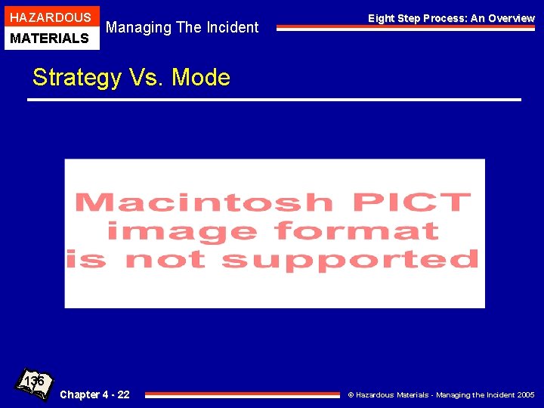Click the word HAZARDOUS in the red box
pyautogui.click(x=50, y=17)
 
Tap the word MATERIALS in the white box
pyautogui.click(x=50, y=38)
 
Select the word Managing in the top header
pyautogui.click(x=138, y=28)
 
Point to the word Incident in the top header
pyautogui.click(x=229, y=28)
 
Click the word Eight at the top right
pyautogui.click(x=382, y=18)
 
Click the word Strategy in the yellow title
pyautogui.click(x=76, y=78)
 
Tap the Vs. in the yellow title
pyautogui.click(x=146, y=78)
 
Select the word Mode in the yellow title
pyautogui.click(x=201, y=78)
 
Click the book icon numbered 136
pyautogui.click(x=35, y=384)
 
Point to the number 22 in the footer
pyautogui.click(x=122, y=394)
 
